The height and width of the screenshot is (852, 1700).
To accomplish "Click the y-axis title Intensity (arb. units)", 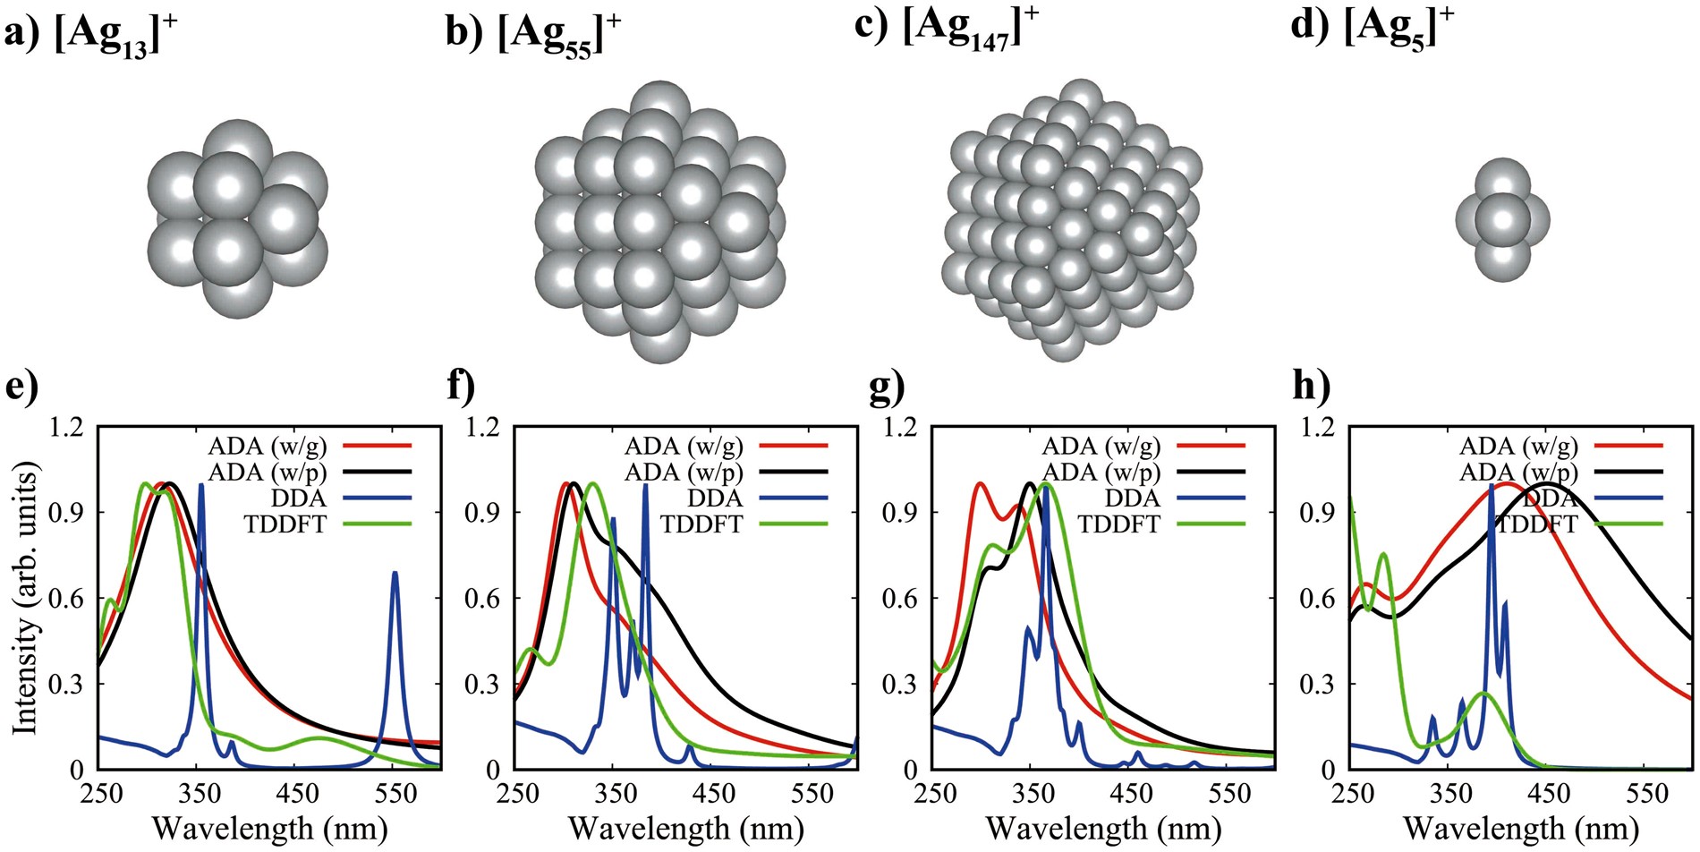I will [26, 598].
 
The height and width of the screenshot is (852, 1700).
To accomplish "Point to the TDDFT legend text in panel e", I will [285, 524].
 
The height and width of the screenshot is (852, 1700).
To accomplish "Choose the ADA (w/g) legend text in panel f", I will [684, 446].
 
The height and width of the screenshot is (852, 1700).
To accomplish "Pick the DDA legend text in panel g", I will [1132, 498].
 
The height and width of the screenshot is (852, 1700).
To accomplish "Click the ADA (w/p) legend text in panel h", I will [1518, 472].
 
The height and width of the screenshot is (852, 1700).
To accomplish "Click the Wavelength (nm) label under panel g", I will [1103, 829].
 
